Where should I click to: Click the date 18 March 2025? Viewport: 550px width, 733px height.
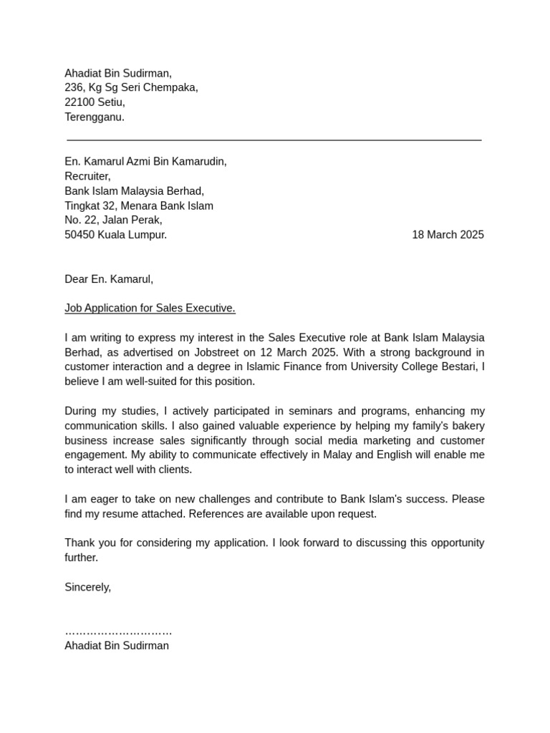(448, 235)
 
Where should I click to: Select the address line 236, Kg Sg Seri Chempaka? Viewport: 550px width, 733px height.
(131, 87)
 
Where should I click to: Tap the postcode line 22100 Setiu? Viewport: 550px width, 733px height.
(95, 102)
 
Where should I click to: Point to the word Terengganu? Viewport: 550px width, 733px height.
(94, 117)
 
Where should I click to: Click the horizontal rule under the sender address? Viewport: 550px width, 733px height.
(274, 140)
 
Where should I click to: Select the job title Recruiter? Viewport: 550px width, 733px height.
(87, 176)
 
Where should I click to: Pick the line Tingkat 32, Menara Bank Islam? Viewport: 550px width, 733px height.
(138, 205)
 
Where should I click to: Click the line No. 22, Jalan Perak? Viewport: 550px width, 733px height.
(113, 220)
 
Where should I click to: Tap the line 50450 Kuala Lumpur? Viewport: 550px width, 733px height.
(115, 235)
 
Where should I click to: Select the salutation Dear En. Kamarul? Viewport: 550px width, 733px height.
(109, 279)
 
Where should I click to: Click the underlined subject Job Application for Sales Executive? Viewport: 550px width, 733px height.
(150, 309)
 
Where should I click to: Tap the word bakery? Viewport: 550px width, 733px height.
(466, 426)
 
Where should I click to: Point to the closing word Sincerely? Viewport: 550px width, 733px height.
(87, 587)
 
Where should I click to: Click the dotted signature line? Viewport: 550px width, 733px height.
(118, 632)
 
